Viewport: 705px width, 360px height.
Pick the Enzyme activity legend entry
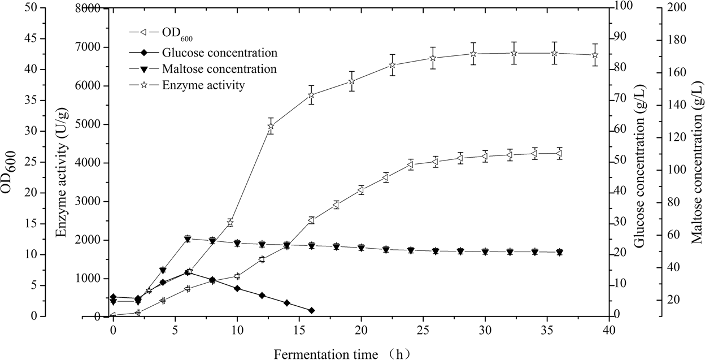(x=203, y=86)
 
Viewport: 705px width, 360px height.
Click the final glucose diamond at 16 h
(x=311, y=310)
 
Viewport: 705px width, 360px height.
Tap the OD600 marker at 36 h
(x=559, y=153)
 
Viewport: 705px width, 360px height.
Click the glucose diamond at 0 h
(x=113, y=297)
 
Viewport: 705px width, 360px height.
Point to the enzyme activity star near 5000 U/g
(x=271, y=125)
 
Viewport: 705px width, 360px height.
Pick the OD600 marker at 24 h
(x=410, y=165)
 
